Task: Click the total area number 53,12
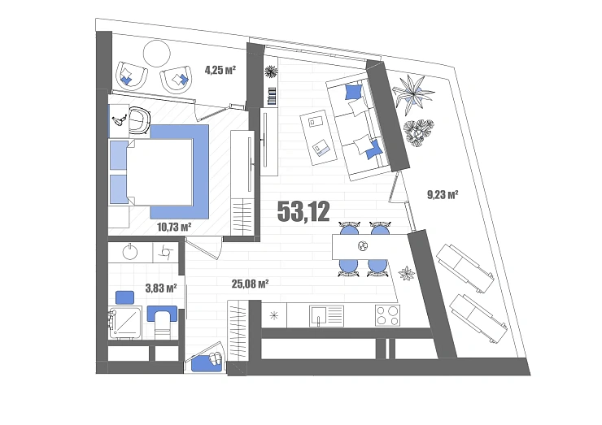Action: pos(303,212)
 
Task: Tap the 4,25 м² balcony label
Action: pos(220,70)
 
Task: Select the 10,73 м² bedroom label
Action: pos(174,227)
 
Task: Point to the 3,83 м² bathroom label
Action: pos(161,288)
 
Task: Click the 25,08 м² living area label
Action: pos(250,284)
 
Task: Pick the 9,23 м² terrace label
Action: pos(443,195)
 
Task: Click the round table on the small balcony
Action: pos(157,54)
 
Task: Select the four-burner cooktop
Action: pos(387,315)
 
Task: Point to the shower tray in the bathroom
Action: pos(125,322)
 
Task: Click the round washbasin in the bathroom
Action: pos(130,252)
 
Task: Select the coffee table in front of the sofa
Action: pos(319,138)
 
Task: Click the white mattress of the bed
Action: pos(159,172)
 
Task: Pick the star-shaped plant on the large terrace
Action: pos(413,93)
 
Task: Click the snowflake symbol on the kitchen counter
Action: pos(273,316)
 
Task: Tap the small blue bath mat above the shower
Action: pos(124,297)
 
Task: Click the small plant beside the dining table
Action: pos(407,274)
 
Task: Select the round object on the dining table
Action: pos(363,246)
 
